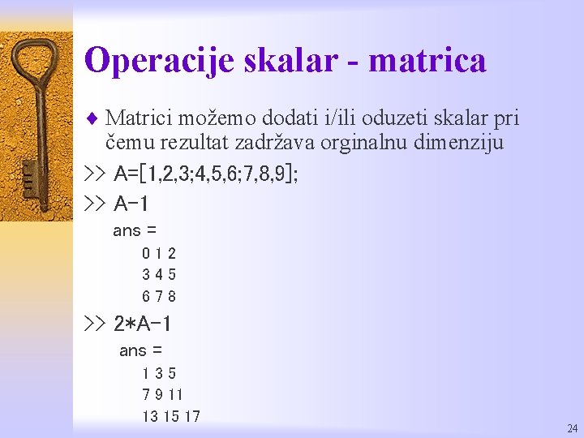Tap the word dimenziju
pos(462,144)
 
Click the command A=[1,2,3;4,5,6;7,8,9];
pos(206,174)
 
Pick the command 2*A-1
pos(142,324)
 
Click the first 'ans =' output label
pos(134,231)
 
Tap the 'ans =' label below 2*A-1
pos(140,351)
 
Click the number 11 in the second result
pos(176,395)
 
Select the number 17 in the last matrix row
pos(191,417)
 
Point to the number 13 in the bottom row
pos(150,417)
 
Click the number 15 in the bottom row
pos(170,417)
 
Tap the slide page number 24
pos(573,428)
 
